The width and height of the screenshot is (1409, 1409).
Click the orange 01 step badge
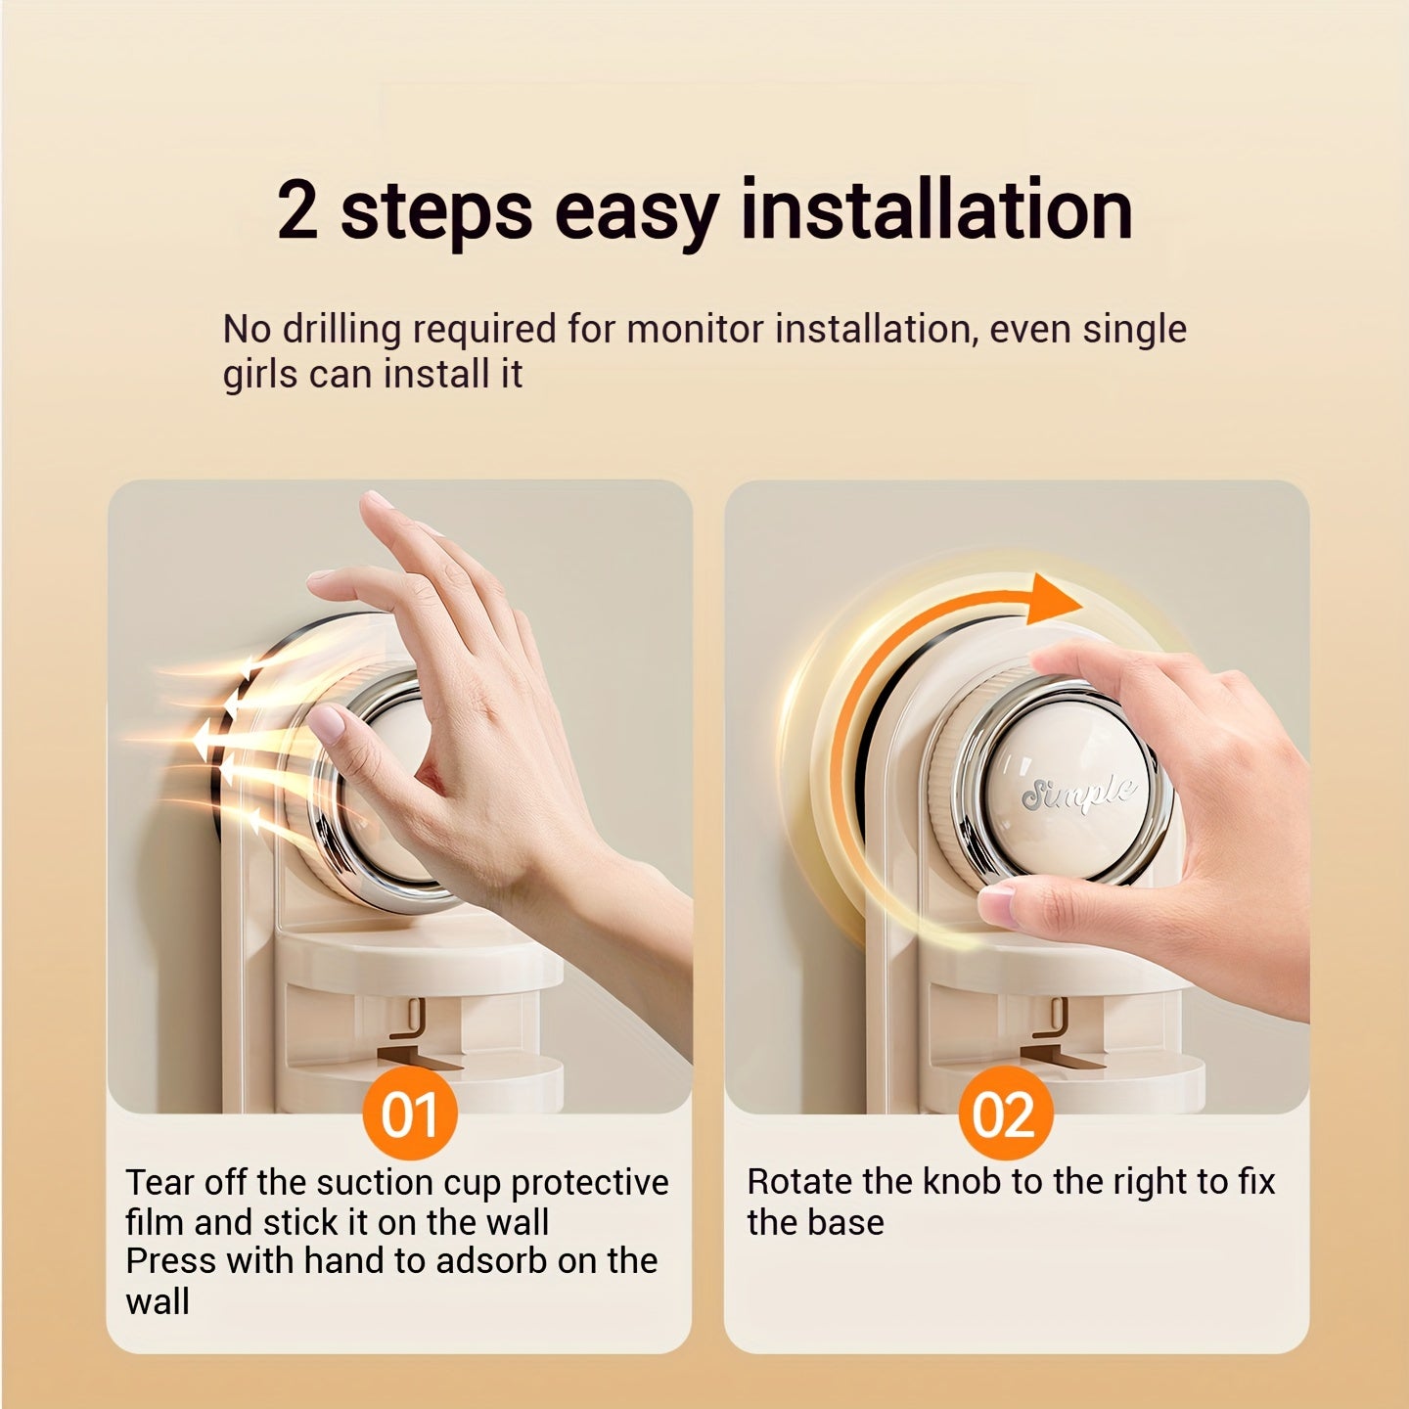[x=409, y=1113]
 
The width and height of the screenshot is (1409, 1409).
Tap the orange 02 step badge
[x=1006, y=1113]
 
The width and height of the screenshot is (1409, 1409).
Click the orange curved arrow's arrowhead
[x=1052, y=601]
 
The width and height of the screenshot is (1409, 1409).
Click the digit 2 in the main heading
[x=297, y=210]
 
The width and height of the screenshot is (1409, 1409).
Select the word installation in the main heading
[x=936, y=209]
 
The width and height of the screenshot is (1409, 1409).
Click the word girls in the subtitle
[x=259, y=375]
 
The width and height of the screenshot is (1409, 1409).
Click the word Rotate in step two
[x=798, y=1182]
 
